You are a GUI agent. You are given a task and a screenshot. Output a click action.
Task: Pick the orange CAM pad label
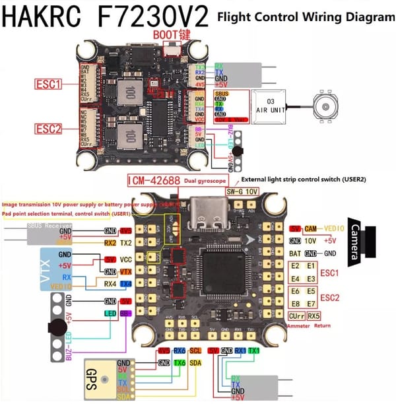(x=312, y=228)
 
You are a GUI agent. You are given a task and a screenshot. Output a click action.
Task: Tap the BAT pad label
(x=295, y=253)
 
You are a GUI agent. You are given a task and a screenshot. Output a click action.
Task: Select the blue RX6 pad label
(x=179, y=351)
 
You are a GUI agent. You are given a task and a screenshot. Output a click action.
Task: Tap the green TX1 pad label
(x=255, y=351)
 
